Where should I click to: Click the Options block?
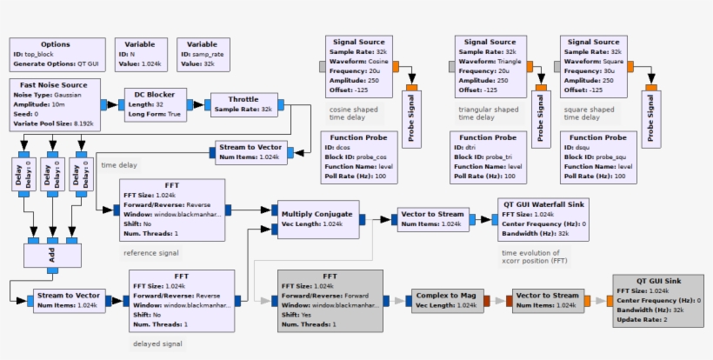[x=56, y=54]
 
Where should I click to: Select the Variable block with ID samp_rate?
[x=202, y=54]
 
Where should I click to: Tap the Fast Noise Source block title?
[x=54, y=84]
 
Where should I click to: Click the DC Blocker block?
[x=155, y=104]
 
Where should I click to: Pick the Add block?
[x=52, y=257]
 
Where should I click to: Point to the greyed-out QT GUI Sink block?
[x=657, y=301]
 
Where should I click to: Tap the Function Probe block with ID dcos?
[x=359, y=157]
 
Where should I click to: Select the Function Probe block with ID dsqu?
[x=598, y=157]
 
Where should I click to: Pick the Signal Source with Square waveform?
[x=595, y=66]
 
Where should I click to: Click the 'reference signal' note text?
[x=151, y=253]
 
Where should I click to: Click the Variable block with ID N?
[x=140, y=54]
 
